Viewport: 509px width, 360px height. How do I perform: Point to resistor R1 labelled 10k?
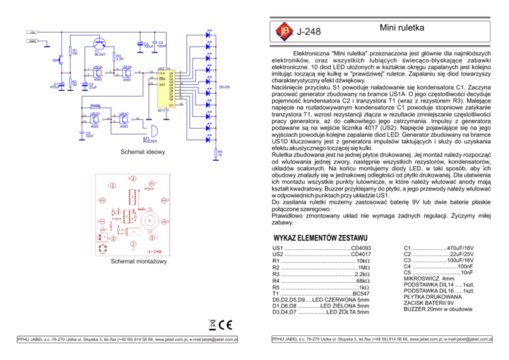[71, 51]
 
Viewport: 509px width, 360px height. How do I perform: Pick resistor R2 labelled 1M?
[71, 83]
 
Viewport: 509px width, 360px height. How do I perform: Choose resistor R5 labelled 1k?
[216, 153]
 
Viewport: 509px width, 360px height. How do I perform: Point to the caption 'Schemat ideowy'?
[143, 153]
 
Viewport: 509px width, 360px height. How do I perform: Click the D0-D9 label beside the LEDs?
[225, 87]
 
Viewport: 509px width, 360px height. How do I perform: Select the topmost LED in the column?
[208, 33]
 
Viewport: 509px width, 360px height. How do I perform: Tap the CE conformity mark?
[226, 325]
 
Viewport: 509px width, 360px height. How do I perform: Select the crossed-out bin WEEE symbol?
[212, 325]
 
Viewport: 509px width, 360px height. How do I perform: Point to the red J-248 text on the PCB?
[156, 251]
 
